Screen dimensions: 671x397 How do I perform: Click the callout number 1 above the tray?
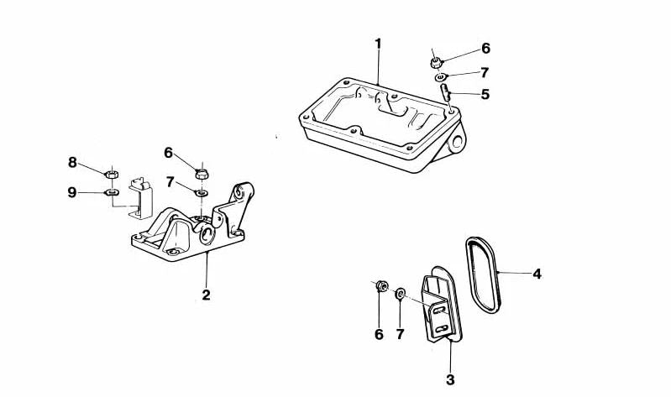[x=378, y=44]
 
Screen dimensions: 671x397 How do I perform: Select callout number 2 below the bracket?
[x=207, y=295]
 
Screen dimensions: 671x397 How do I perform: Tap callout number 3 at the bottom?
[x=450, y=379]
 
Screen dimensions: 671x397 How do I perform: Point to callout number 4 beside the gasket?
[x=537, y=274]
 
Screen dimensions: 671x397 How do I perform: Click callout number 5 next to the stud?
[x=485, y=94]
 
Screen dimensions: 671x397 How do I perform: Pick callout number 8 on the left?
[x=72, y=163]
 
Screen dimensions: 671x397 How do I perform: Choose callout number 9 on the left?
[x=72, y=192]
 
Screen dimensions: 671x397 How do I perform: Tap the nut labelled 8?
[x=112, y=174]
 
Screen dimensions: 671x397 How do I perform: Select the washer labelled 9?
[x=112, y=192]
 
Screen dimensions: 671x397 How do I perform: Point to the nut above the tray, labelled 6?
[x=436, y=63]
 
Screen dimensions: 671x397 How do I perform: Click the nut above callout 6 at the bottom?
[x=382, y=286]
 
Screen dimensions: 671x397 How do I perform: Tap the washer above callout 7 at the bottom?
[x=401, y=293]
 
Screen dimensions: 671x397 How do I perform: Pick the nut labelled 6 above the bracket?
[x=202, y=174]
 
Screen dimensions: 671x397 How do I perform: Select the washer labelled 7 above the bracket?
[x=202, y=193]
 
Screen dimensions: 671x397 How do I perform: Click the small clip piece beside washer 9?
[x=141, y=198]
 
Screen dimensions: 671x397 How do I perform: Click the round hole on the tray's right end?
[x=457, y=142]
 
